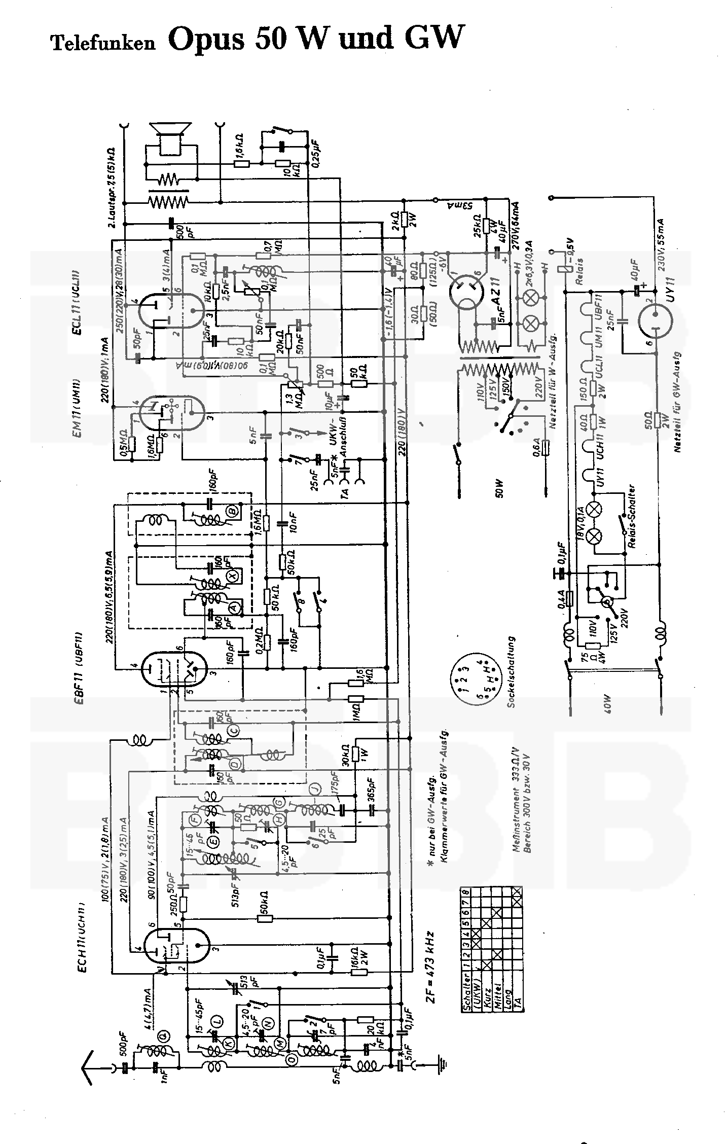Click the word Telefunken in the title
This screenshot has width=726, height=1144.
click(103, 43)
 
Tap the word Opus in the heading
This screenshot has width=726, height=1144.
click(205, 40)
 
